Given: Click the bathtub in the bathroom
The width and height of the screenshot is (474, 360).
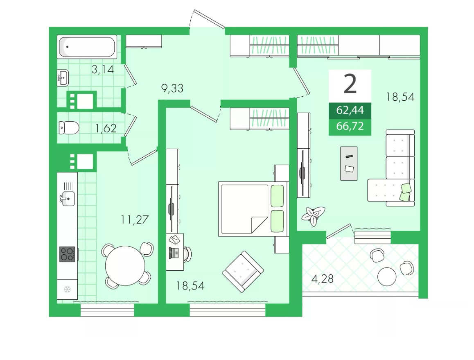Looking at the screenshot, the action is pos(87,47).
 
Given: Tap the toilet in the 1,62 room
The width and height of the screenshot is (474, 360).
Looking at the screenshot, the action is pos(69,128).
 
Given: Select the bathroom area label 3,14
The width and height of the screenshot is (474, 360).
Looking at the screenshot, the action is pos(103,70).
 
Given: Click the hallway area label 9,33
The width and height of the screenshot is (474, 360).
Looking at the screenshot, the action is pos(172,88).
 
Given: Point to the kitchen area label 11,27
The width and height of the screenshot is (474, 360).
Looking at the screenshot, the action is pos(135,220).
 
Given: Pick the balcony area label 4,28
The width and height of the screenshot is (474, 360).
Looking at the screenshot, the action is pos(322,278).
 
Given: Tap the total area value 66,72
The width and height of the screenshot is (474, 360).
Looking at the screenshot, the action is pos(350,126).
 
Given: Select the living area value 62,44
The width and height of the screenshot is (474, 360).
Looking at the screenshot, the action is pos(350,110).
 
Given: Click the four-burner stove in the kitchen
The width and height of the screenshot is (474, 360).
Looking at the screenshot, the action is pos(68,254).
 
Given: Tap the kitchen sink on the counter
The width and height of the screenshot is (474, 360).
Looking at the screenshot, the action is pos(68,199).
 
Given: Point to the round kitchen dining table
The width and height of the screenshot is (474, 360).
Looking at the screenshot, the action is pos(125,266).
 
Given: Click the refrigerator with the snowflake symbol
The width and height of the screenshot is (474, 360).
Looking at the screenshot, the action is pos(67,290).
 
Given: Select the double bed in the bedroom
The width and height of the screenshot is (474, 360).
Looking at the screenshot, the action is pos(253,209).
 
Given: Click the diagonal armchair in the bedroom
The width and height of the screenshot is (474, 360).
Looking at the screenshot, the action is pos(243,272).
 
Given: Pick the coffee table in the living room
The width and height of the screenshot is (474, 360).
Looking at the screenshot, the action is pos(349,164).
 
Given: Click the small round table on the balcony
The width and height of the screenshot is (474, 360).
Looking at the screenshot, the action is pos(387,276).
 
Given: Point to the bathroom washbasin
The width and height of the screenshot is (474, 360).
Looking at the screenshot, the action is pos(63,78).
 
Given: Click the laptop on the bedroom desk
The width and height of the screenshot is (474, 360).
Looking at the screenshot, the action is pos(174,252).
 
